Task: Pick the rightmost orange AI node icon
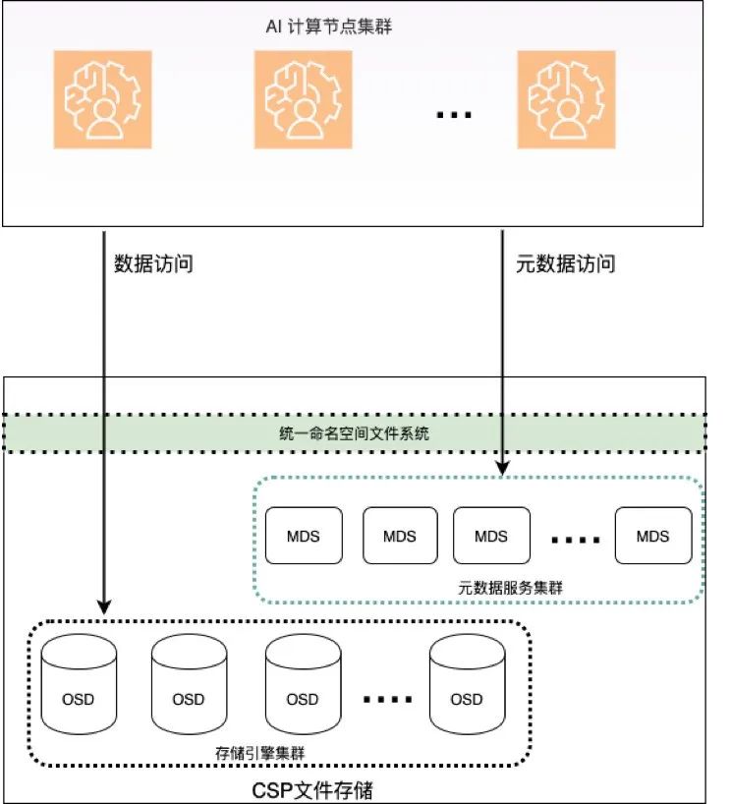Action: pos(566,100)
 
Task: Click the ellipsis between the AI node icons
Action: pos(454,115)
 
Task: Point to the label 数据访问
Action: pos(154,263)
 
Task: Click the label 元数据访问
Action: pos(566,263)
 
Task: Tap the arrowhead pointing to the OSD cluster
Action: pos(105,608)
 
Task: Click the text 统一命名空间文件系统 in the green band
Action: pos(356,432)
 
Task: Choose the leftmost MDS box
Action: pos(304,536)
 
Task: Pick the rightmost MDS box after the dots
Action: pos(652,536)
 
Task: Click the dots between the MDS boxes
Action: pos(575,540)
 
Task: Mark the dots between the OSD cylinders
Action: pos(387,700)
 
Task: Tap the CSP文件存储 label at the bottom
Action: pos(312,789)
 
